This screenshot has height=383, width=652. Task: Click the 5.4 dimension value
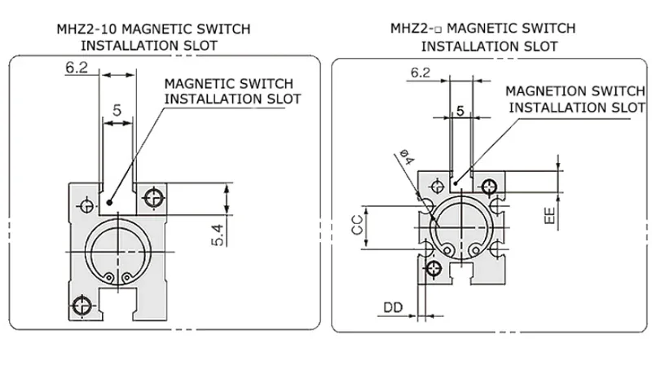(x=218, y=235)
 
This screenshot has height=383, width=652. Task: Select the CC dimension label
(x=357, y=225)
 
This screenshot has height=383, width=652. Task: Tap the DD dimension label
(x=393, y=307)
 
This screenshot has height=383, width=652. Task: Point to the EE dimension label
(x=549, y=215)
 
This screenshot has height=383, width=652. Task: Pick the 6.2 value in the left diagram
(x=77, y=68)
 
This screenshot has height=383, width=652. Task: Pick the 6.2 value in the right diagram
(x=421, y=73)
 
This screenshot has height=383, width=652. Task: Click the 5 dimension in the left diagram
(x=117, y=110)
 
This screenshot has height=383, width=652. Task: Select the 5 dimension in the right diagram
(x=460, y=111)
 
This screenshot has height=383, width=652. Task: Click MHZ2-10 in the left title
(x=87, y=29)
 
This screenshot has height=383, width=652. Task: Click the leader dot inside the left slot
(x=109, y=203)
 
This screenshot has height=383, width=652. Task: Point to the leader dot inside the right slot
(x=456, y=183)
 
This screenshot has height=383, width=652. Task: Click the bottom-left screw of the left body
(x=81, y=306)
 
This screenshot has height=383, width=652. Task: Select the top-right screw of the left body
(x=153, y=197)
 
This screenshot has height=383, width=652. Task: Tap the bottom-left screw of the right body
(x=434, y=268)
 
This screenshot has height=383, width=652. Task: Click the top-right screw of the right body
(x=489, y=187)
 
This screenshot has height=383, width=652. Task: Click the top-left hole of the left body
(x=87, y=206)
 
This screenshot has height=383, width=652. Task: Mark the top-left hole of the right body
(x=437, y=187)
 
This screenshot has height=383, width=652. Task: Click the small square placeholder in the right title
(x=438, y=30)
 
